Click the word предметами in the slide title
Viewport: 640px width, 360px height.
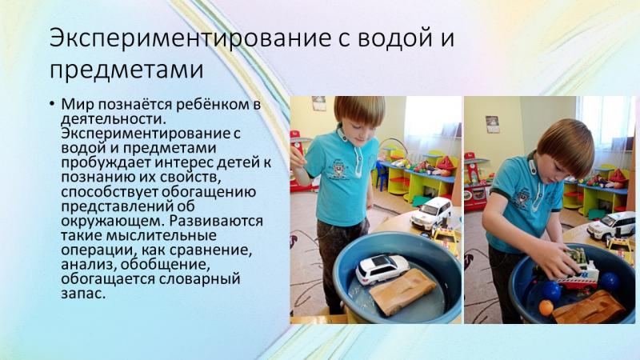coord(126,70)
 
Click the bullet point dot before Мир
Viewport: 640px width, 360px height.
coord(52,104)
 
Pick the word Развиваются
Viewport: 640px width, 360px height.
coord(216,221)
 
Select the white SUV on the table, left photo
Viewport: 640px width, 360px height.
coord(431,213)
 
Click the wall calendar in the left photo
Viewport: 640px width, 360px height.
coord(318,103)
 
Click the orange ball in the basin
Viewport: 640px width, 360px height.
coord(546,307)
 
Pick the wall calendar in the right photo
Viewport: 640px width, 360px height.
coord(493,125)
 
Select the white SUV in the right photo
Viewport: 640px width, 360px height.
coord(611,226)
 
